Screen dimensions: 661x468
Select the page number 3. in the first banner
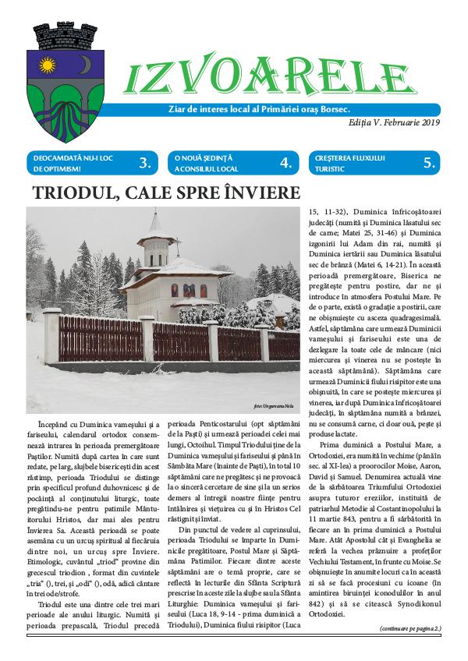pos(144,163)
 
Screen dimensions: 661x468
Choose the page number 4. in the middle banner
pos(285,163)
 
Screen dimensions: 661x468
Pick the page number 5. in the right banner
pos(428,163)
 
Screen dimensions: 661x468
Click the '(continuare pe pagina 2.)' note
pos(410,628)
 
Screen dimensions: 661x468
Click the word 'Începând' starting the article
pos(55,422)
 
